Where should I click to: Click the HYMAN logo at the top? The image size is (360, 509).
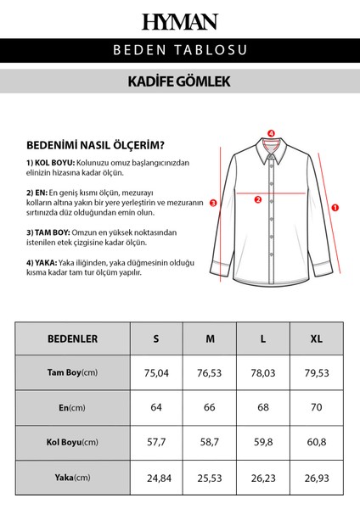(x=180, y=21)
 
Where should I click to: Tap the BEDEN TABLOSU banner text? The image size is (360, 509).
(x=180, y=50)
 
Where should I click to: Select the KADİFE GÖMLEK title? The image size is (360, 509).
(x=180, y=82)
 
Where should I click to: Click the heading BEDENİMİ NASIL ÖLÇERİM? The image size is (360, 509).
(x=95, y=144)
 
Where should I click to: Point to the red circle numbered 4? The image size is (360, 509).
(x=271, y=133)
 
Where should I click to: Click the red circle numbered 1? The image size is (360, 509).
(x=335, y=206)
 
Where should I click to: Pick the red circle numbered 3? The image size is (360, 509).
(x=213, y=204)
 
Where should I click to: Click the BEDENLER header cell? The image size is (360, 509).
(x=72, y=338)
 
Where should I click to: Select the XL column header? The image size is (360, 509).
(x=318, y=338)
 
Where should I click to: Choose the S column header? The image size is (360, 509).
(x=156, y=338)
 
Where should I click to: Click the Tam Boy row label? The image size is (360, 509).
(x=72, y=373)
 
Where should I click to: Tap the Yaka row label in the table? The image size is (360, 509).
(x=72, y=478)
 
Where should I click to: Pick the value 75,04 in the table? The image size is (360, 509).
(x=156, y=373)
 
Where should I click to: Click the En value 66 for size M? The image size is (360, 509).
(x=210, y=408)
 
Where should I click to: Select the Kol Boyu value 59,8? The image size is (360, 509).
(x=264, y=443)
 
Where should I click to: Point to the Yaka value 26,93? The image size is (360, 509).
(x=318, y=478)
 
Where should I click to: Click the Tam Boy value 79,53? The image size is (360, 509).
(x=318, y=373)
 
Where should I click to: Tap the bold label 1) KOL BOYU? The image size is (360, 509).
(x=51, y=162)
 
